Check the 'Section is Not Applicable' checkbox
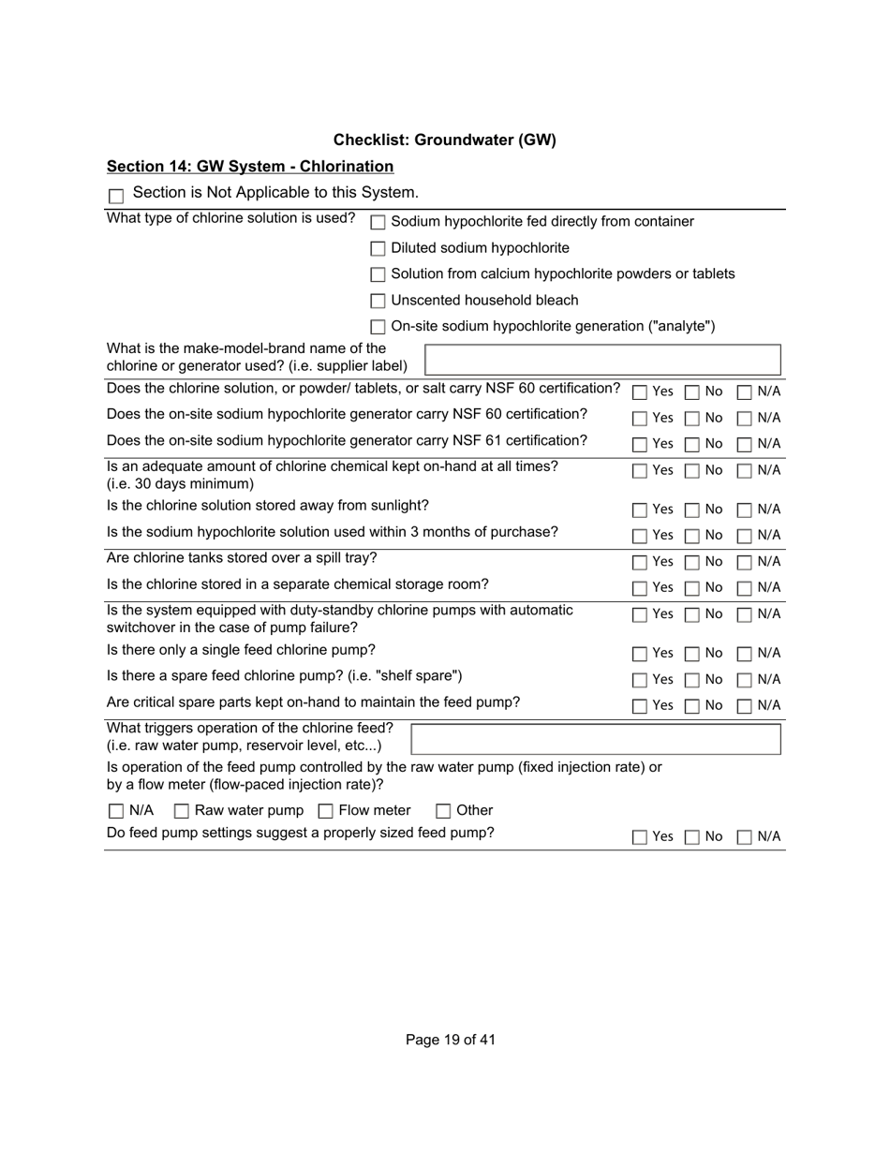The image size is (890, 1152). coord(116,196)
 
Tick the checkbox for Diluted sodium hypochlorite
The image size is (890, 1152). coord(378,248)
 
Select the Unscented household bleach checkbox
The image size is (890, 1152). coord(378,301)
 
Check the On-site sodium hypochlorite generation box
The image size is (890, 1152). coord(378,327)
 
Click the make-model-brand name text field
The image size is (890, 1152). coord(602,360)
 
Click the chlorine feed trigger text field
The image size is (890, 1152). coord(596,739)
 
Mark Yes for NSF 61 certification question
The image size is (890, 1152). coord(639,444)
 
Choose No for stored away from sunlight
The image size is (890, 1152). coord(691,510)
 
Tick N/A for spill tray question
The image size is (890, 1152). coord(744,562)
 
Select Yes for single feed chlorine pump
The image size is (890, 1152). coord(639,654)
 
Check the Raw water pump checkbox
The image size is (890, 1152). coord(182,811)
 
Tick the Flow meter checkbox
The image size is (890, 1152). coord(326,811)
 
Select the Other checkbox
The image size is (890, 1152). coord(443,811)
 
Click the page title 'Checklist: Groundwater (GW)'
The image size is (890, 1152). coord(444,140)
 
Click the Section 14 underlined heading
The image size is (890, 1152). coord(250,167)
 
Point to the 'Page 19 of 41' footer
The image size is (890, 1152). coord(451,1040)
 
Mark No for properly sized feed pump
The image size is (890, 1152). coord(691,837)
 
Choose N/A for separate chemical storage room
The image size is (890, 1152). coord(744,588)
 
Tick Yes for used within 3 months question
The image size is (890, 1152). coord(639,536)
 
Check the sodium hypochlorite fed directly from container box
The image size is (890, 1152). coord(378,222)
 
